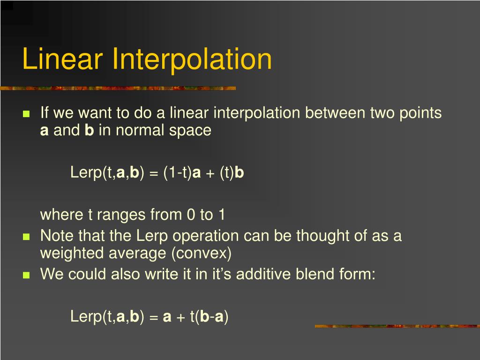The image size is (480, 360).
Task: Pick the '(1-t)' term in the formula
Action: click(178, 173)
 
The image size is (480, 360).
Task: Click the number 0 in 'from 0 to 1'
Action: click(191, 215)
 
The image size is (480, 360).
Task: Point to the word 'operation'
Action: click(188, 236)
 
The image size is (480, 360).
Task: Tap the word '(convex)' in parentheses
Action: click(202, 254)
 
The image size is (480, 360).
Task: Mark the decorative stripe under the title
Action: click(117, 88)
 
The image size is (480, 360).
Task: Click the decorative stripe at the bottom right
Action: click(397, 326)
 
